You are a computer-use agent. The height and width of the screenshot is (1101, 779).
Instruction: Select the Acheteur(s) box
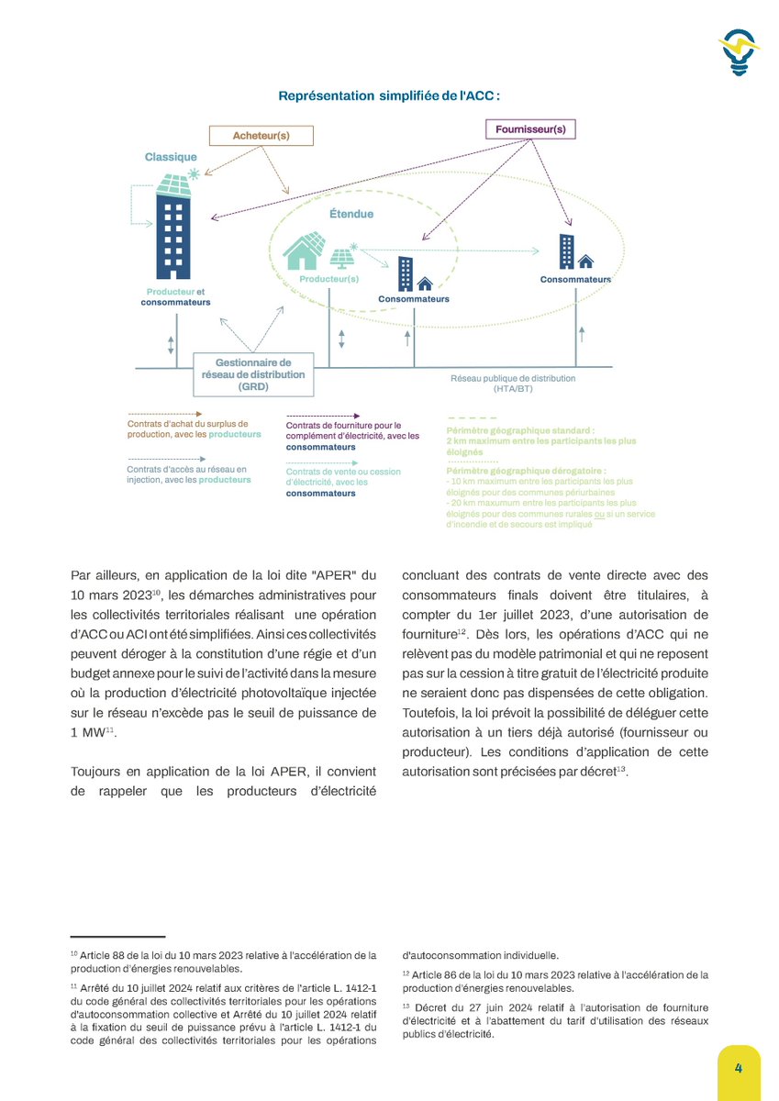pyautogui.click(x=262, y=135)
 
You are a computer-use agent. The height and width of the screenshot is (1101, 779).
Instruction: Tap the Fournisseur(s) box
pyautogui.click(x=530, y=129)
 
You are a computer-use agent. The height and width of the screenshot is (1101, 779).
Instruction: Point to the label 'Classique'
pyautogui.click(x=171, y=157)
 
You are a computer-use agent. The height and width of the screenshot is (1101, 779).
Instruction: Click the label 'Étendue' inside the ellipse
pyautogui.click(x=351, y=214)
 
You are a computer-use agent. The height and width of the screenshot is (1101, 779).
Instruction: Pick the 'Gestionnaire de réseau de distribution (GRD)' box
pyautogui.click(x=253, y=375)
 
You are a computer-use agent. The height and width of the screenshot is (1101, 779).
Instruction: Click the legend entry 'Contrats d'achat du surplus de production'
pyautogui.click(x=194, y=428)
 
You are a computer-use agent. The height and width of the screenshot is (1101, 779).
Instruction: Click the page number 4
pyautogui.click(x=738, y=1070)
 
